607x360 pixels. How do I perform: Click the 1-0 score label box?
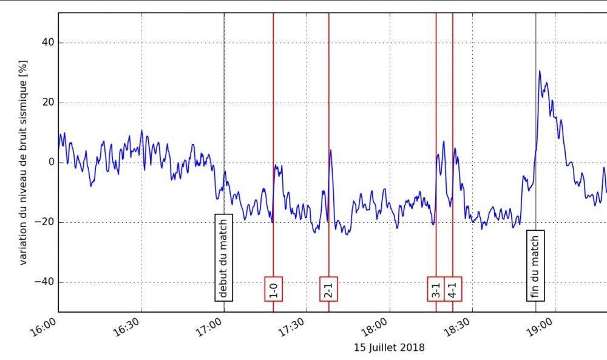tap(274, 288)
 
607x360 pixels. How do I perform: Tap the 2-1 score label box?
tap(329, 288)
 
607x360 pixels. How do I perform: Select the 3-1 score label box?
tap(436, 288)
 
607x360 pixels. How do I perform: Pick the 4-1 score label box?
tap(453, 288)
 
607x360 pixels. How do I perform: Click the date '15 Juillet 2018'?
tap(389, 348)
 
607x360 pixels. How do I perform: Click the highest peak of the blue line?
tap(539, 71)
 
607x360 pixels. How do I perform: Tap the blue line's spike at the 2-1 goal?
tap(330, 150)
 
